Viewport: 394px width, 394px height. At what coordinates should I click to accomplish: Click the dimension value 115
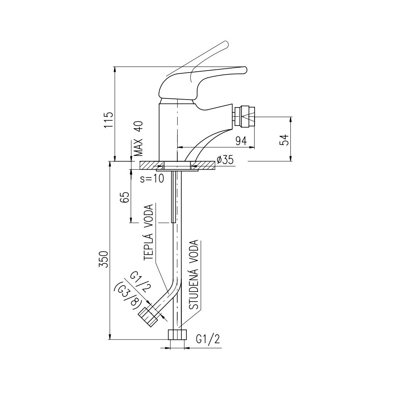tap(109, 120)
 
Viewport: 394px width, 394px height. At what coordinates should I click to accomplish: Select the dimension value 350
tap(104, 259)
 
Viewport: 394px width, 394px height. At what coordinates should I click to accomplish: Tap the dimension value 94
tap(241, 141)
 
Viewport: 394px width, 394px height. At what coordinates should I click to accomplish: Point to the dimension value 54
tap(284, 140)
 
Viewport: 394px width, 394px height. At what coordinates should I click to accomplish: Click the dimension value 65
tap(125, 197)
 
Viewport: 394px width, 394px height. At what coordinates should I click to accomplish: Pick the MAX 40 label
tap(138, 139)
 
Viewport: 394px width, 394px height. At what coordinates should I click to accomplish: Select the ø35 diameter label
tap(225, 160)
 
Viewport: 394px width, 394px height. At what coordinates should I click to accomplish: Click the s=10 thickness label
tap(152, 178)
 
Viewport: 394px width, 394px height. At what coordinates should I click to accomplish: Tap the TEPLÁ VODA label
tap(148, 232)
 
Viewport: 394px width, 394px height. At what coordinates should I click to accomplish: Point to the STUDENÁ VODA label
tap(194, 274)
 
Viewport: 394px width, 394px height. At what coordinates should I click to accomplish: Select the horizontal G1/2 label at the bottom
tap(208, 339)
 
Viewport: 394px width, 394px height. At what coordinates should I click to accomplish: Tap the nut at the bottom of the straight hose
tap(177, 335)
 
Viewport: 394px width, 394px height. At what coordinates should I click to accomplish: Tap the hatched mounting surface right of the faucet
tap(203, 165)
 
